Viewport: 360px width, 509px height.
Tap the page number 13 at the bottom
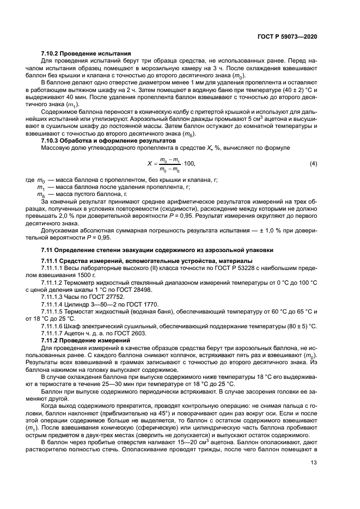pos(314,463)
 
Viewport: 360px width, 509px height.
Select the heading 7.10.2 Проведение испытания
pos(86,53)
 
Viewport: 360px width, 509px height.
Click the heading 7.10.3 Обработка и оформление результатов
pos(104,141)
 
